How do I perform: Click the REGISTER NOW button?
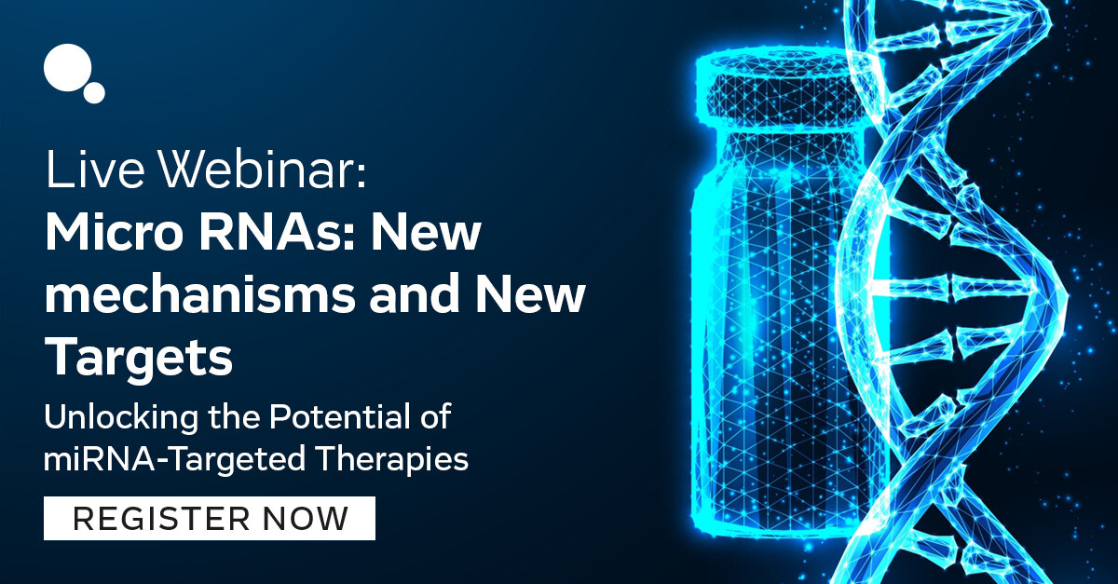click(210, 518)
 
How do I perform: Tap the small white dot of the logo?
click(94, 91)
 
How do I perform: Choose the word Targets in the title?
click(139, 358)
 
